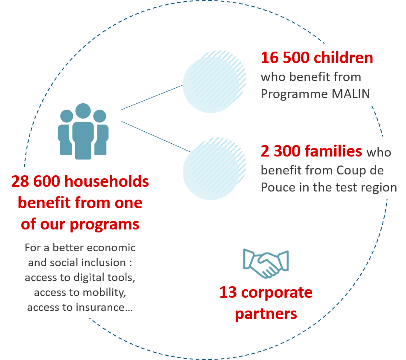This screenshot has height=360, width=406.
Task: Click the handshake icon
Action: tap(266, 263)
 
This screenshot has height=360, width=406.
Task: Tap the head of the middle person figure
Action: tap(83, 111)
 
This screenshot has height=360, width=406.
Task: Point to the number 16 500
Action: tap(284, 58)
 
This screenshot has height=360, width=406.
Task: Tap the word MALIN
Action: tap(351, 93)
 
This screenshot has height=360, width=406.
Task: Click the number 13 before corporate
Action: tap(228, 293)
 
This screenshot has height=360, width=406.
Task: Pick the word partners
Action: tap(266, 314)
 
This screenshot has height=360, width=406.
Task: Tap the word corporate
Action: tap(277, 293)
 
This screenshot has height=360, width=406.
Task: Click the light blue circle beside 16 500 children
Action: tap(211, 85)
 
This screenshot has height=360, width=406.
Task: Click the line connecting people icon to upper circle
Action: tap(152, 97)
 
